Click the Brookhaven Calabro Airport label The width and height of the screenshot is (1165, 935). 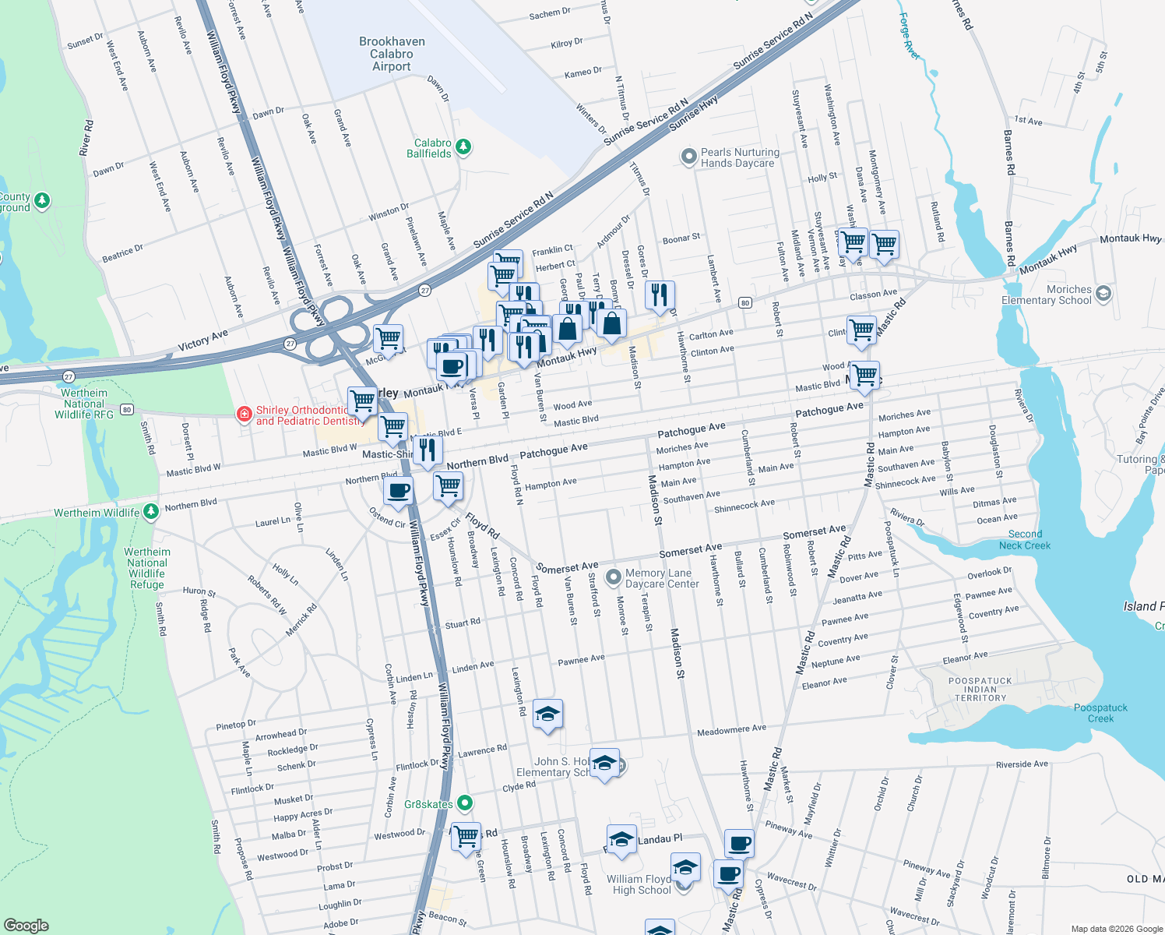coord(392,54)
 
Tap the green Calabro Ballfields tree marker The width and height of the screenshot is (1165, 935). coord(463,146)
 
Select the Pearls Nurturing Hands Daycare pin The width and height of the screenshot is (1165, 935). coord(688,157)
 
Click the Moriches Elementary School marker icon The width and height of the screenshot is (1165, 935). coord(1103,294)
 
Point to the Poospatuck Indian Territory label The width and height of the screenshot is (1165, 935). coord(980,690)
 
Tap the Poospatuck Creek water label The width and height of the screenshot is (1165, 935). coord(1100,713)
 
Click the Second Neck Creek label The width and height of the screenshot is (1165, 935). coord(1025,540)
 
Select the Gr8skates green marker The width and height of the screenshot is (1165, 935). coord(465,803)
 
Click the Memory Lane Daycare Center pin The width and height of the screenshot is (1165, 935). coord(614,577)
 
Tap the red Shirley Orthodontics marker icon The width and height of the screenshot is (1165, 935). coord(245,414)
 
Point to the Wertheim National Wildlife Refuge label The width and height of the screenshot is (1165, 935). coord(146,568)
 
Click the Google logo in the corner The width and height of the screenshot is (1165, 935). coord(26,925)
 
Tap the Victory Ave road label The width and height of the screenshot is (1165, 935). coord(202,340)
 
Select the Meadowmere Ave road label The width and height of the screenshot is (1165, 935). coord(731,730)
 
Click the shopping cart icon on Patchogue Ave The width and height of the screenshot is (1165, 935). coord(864,376)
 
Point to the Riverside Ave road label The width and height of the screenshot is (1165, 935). coord(1022,764)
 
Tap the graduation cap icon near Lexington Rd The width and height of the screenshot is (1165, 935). coord(547,714)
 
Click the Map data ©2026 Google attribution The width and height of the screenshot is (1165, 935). coord(1116,929)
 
